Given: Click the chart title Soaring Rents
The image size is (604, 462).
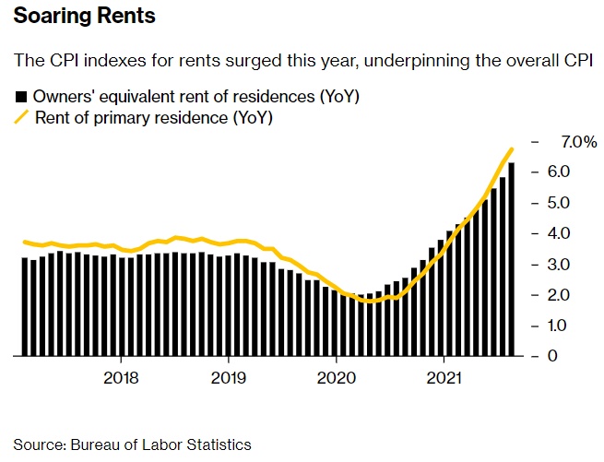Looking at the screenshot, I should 84,17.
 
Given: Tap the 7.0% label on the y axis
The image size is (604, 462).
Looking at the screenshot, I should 578,142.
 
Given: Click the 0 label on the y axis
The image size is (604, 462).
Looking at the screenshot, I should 553,356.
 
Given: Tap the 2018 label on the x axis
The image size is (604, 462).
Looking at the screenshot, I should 122,377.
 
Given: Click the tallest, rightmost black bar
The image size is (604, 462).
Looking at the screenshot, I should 512,259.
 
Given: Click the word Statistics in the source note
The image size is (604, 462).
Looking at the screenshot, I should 219,444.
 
